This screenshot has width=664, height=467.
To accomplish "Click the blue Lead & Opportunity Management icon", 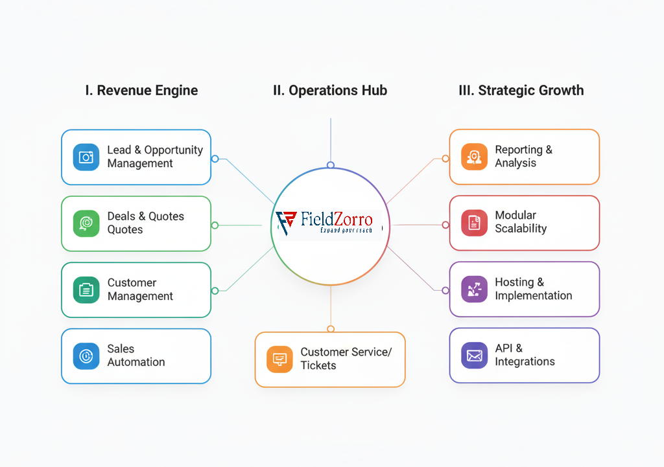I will point(86,157).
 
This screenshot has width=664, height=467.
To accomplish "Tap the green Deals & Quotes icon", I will point(86,223).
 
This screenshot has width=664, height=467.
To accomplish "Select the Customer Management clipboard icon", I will point(86,290).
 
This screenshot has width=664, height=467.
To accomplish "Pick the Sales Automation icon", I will point(86,356).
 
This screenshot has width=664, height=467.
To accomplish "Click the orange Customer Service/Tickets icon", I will point(279,359).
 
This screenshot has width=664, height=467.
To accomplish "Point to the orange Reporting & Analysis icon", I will point(474,157).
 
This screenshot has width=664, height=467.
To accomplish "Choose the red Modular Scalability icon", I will point(474,222).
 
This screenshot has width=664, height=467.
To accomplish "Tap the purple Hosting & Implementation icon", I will point(474,289).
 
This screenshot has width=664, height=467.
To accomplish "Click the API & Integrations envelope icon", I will point(474,356).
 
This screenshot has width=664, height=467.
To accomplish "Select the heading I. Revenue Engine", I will point(141,91).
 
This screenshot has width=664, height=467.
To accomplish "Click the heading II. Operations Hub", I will point(330,91).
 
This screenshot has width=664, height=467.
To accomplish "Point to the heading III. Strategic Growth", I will point(521,91).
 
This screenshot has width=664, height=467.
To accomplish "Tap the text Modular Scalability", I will point(521,222).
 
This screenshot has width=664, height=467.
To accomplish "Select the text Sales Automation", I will point(136,356).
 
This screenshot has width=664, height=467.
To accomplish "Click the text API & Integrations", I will point(525,355).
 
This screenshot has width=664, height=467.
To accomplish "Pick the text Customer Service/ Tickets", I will point(346,359).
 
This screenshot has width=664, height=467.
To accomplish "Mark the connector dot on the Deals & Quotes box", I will point(215,225).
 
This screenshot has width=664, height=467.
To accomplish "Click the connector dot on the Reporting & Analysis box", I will point(445,159).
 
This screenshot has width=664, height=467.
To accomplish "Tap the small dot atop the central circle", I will point(330,165).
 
